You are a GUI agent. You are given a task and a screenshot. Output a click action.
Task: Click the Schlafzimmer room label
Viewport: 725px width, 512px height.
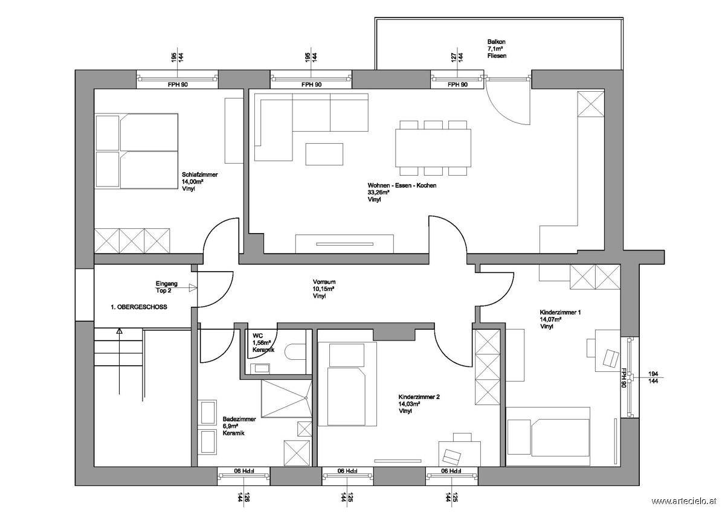click(x=200, y=174)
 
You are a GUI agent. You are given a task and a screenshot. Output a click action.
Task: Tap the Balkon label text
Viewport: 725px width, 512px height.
click(x=496, y=42)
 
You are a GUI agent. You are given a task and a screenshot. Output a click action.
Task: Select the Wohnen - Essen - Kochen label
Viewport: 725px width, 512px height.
click(x=402, y=185)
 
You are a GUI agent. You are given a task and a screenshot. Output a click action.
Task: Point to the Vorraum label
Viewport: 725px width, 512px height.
click(x=324, y=282)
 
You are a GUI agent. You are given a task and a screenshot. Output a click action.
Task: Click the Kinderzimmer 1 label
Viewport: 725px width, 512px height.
click(x=560, y=312)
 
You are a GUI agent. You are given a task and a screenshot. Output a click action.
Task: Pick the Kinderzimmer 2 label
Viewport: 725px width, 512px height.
click(x=419, y=397)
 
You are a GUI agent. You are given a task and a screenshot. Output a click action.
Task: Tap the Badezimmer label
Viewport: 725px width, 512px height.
click(x=239, y=419)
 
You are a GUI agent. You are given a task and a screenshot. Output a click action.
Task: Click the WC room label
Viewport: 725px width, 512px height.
click(x=257, y=336)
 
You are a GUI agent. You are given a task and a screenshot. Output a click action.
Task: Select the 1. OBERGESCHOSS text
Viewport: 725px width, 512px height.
click(x=139, y=307)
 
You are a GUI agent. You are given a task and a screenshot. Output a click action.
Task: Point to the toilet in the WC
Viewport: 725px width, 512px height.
click(x=295, y=351)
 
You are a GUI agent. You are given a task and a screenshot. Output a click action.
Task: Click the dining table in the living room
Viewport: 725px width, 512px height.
click(x=433, y=148)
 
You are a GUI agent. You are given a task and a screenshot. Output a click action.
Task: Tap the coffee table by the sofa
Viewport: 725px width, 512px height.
click(x=324, y=154)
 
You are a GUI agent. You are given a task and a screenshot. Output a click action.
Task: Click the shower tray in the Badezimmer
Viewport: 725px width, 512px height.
click(x=286, y=398)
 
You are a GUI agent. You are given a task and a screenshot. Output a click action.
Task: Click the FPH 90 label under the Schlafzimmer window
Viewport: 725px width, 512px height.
click(x=178, y=85)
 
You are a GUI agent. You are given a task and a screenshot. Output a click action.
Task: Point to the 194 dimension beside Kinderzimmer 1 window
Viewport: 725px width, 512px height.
click(x=653, y=374)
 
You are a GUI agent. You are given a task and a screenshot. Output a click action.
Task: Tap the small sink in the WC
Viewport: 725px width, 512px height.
click(x=260, y=368)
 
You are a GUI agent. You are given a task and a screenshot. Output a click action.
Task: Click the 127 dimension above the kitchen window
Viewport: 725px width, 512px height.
click(x=454, y=57)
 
